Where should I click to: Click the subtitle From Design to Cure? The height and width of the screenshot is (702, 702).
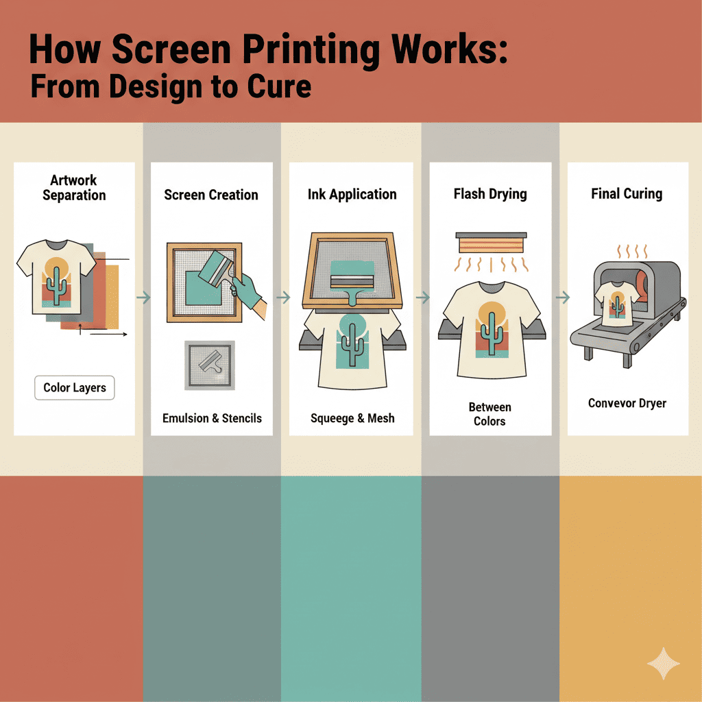171,87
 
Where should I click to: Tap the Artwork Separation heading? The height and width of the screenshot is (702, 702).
74,188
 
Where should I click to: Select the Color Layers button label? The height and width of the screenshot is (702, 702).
74,388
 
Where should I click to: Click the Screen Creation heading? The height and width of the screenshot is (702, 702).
211,195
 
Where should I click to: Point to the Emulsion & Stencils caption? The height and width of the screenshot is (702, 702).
212,418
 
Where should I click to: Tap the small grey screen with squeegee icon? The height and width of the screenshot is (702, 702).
210,365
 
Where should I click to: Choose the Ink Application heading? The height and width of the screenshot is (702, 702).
352,194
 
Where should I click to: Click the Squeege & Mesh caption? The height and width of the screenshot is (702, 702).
352,418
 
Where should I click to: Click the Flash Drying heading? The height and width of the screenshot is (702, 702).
490,194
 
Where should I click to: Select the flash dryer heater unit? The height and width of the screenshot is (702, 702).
491,243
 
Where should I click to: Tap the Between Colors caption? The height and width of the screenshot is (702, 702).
489,414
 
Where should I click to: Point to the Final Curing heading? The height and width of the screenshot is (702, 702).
627,194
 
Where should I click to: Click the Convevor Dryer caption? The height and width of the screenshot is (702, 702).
627,403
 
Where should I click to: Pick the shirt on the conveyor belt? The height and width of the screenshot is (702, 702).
617,304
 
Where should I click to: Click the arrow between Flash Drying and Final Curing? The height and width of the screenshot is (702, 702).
563,298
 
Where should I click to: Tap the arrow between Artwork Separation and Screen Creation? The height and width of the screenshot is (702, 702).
143,298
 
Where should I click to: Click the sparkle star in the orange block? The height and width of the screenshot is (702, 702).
664,664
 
